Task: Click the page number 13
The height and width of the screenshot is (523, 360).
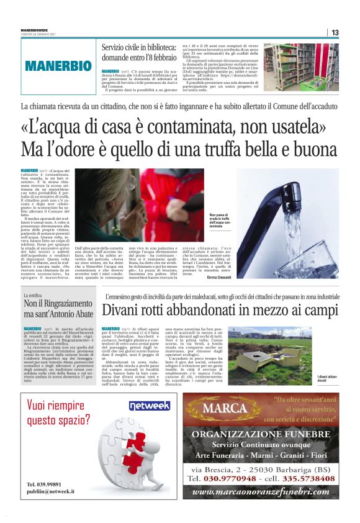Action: tap(335, 32)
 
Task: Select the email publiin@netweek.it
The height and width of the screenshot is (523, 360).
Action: tap(51, 491)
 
